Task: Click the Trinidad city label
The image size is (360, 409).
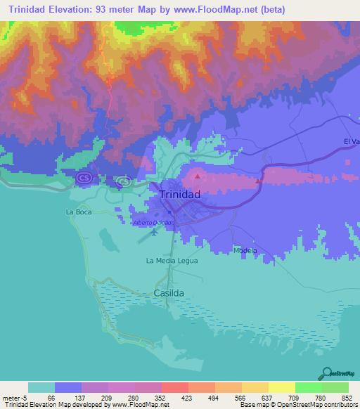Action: pos(180,195)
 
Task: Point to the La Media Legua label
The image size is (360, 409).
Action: pos(172,260)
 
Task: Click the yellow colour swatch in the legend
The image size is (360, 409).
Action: pos(281,387)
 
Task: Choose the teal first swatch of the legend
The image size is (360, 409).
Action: pos(41,387)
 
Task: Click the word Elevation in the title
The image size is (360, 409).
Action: pos(75,10)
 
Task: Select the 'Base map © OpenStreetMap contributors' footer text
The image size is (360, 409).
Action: pos(299,405)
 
